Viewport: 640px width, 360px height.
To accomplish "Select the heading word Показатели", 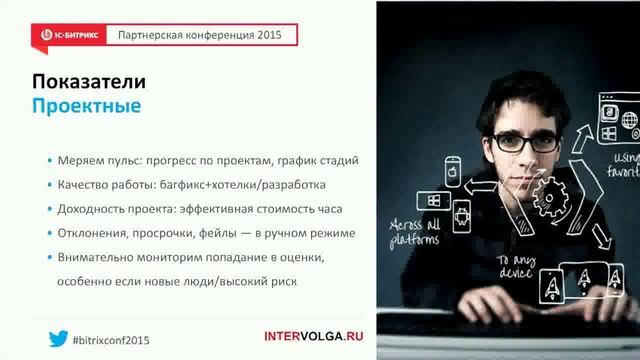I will (x=89, y=82).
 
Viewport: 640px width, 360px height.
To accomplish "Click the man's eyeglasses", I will (x=519, y=141).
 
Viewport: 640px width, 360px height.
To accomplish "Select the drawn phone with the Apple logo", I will (x=451, y=173).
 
